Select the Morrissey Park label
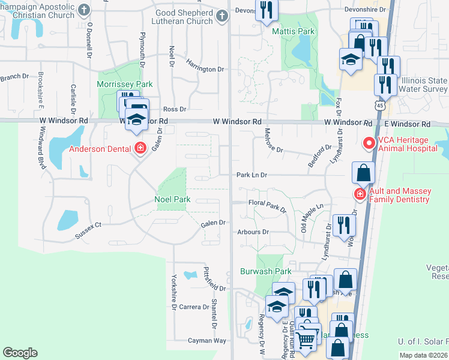pyautogui.click(x=125, y=85)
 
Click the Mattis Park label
pyautogui.click(x=293, y=31)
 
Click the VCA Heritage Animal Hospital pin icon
pyautogui.click(x=368, y=143)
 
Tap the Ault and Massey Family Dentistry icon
pyautogui.click(x=360, y=194)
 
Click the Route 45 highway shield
pyautogui.click(x=379, y=106)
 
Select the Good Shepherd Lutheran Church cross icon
pyautogui.click(x=221, y=16)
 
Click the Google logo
pyautogui.click(x=20, y=353)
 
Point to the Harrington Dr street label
pyautogui.click(x=205, y=69)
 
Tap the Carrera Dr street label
pyautogui.click(x=193, y=307)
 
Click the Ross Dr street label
pyautogui.click(x=175, y=109)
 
